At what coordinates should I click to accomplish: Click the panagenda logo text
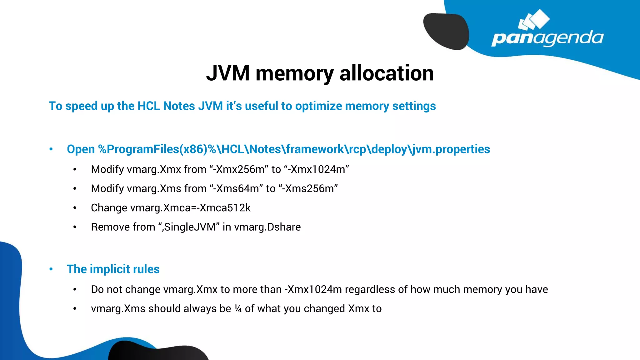(x=547, y=38)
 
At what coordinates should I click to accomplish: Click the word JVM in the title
(x=228, y=73)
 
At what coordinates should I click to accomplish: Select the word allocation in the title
(x=387, y=73)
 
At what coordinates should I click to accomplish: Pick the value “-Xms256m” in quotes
(x=308, y=189)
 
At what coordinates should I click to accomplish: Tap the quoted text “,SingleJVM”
(x=189, y=227)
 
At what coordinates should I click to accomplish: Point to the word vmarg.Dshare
(x=267, y=227)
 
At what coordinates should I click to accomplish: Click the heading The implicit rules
(x=113, y=269)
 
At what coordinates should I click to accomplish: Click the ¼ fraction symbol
(x=238, y=309)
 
